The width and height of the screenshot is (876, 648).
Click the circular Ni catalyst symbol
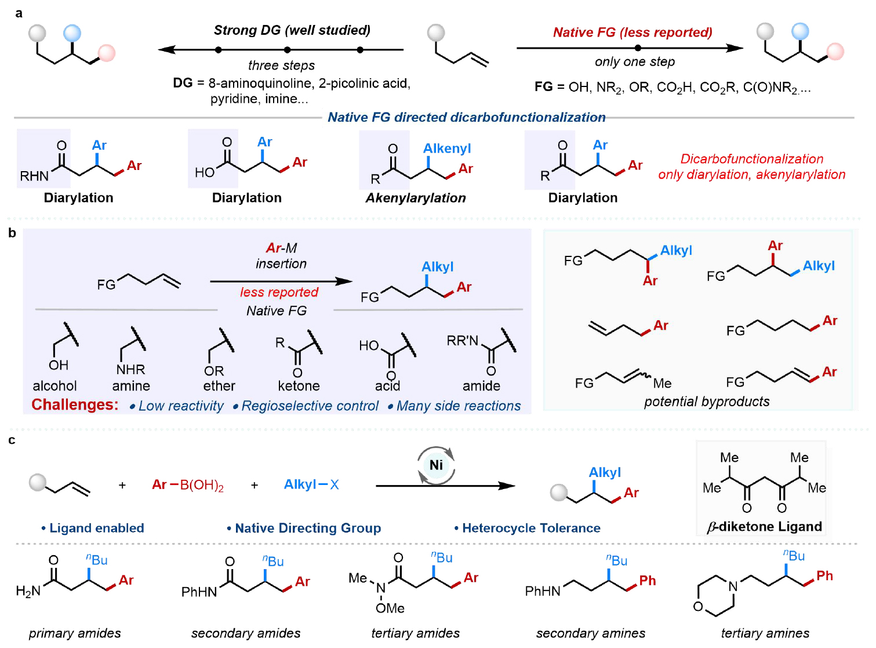(x=436, y=465)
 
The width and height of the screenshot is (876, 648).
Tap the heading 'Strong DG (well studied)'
(x=292, y=30)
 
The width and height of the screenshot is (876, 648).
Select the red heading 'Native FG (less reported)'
(x=632, y=32)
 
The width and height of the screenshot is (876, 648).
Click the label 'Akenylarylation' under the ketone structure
(x=416, y=198)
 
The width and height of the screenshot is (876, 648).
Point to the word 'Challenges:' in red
(x=75, y=404)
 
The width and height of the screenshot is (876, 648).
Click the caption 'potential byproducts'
(x=707, y=401)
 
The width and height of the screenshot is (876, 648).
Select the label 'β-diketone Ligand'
(x=764, y=526)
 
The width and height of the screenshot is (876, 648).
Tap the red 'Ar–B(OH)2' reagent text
(x=188, y=484)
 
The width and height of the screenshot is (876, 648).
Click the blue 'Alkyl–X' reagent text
(x=311, y=484)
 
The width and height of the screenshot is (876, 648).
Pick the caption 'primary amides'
(x=75, y=633)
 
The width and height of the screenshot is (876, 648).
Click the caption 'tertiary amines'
(x=765, y=633)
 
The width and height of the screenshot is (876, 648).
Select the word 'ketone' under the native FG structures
(x=299, y=386)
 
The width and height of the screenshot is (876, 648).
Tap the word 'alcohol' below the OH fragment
(x=54, y=386)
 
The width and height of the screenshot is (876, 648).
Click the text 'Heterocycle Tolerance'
(x=531, y=528)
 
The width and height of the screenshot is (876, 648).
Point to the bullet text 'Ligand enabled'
(x=96, y=528)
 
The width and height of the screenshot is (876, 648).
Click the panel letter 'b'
(x=12, y=233)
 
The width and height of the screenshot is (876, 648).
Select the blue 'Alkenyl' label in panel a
(x=447, y=149)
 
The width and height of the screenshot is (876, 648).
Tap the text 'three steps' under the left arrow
(x=281, y=65)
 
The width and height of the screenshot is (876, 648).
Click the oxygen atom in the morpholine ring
(x=698, y=606)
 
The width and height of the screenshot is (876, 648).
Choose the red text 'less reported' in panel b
(x=279, y=292)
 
